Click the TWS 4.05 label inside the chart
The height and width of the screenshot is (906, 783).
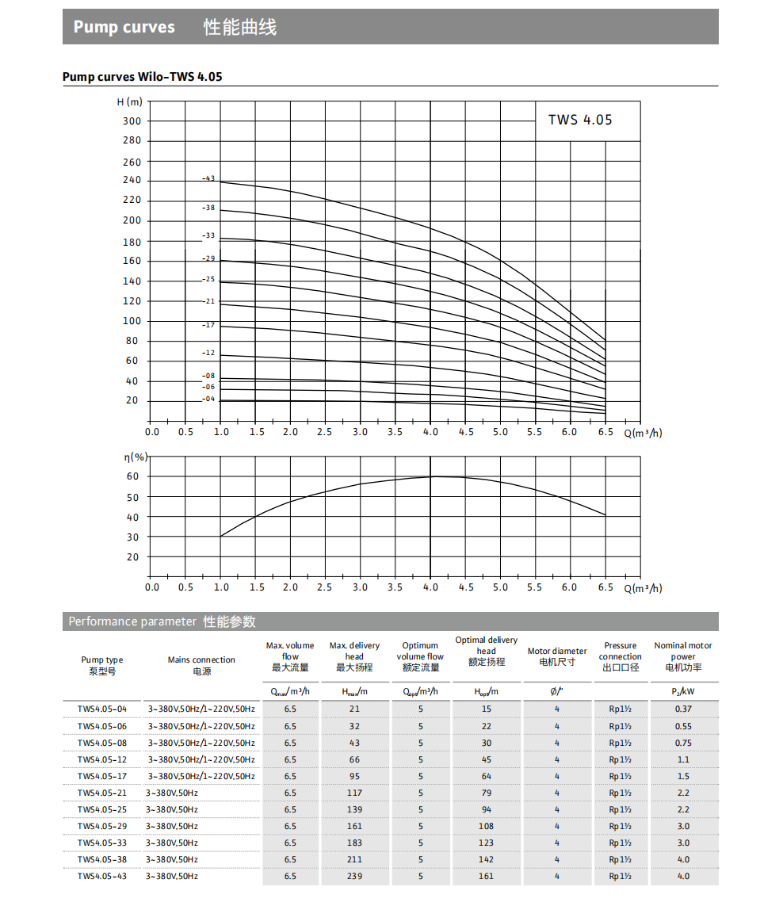pos(580,120)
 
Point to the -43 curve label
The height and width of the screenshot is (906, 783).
pos(208,178)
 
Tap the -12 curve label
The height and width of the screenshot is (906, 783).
pos(208,352)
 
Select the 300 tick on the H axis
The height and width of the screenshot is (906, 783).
pos(132,121)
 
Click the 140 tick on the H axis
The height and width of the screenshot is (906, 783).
pos(132,281)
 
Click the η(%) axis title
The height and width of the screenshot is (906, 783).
pos(136,457)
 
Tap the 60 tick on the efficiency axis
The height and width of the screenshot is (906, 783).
pos(132,477)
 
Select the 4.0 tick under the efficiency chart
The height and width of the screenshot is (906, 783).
pos(430,587)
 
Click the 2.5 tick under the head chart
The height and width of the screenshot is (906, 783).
pos(325,432)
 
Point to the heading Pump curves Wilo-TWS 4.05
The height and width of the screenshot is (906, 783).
pos(143,77)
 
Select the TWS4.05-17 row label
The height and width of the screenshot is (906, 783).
pos(101,776)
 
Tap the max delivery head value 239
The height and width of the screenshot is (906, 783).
pos(354,876)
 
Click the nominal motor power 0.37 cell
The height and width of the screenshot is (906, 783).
pos(683,709)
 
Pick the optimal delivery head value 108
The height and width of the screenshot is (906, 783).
pos(487,826)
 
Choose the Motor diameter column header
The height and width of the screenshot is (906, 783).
pos(557,656)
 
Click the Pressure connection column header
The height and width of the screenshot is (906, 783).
pos(621,656)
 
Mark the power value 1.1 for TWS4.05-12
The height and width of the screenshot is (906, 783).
pos(683,759)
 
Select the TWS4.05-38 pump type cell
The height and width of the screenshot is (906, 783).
pos(101,859)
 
